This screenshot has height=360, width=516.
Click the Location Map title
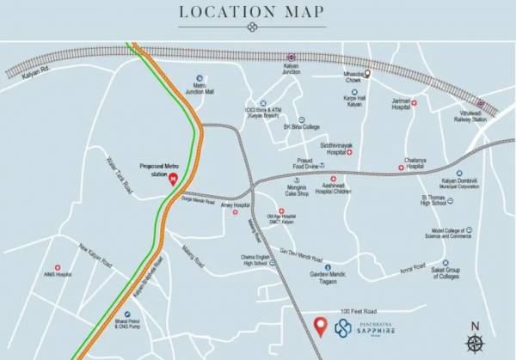[x=251, y=11]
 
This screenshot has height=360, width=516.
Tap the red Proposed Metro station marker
[x=174, y=180]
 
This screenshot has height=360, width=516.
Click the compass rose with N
[x=476, y=331]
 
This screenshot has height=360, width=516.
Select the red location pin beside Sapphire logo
[x=320, y=327]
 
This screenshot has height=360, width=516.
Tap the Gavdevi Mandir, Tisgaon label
[x=317, y=277]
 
